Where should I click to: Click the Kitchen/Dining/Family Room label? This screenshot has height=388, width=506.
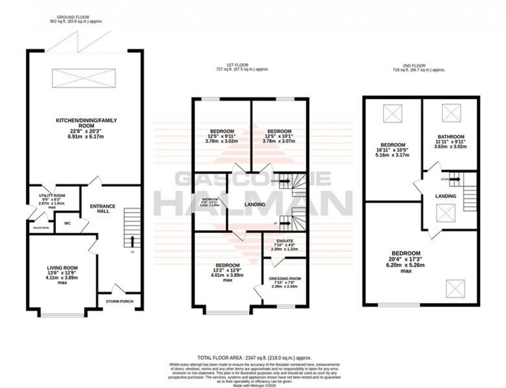pos(86,123)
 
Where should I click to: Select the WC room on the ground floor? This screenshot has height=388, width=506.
pos(67,223)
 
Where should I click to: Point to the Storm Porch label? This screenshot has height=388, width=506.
pos(119,301)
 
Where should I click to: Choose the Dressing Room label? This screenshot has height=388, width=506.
pos(284,279)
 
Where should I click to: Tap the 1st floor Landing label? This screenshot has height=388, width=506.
pos(255,205)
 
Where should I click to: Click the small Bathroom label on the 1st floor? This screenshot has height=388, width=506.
pos(210,200)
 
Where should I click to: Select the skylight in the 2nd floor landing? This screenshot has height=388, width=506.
pos(445,212)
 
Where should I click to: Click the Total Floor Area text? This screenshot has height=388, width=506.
pos(252,357)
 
